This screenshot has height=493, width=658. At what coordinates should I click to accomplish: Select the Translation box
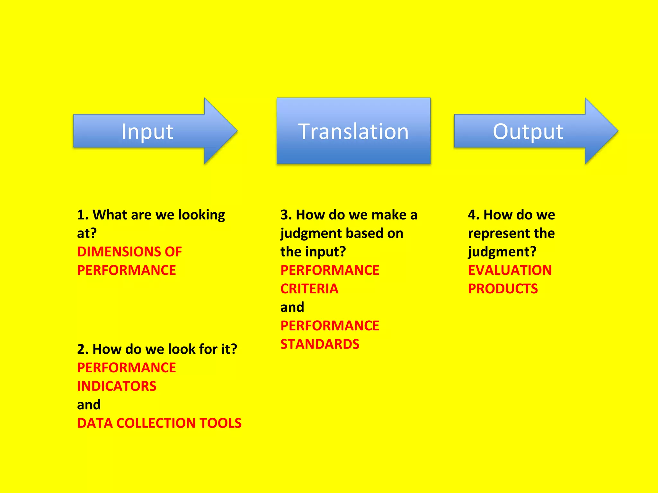pyautogui.click(x=353, y=131)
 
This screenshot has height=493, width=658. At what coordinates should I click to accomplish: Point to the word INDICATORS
pyautogui.click(x=117, y=386)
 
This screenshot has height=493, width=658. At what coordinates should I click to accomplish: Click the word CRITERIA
pyautogui.click(x=309, y=289)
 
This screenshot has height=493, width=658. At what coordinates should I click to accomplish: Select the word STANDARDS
pyautogui.click(x=320, y=344)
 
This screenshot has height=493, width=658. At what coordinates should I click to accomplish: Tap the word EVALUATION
pyautogui.click(x=510, y=270)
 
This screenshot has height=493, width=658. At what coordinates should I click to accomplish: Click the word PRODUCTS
pyautogui.click(x=503, y=289)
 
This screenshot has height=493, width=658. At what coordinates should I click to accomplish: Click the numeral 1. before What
pyautogui.click(x=83, y=215)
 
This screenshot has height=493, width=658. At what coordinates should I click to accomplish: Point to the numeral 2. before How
pyautogui.click(x=83, y=349)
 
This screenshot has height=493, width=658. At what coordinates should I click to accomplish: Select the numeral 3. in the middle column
pyautogui.click(x=286, y=215)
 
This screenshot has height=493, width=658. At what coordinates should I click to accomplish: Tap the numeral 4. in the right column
pyautogui.click(x=474, y=215)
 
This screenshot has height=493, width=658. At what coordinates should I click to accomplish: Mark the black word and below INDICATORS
pyautogui.click(x=89, y=405)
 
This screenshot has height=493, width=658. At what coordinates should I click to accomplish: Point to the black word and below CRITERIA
pyautogui.click(x=292, y=307)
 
